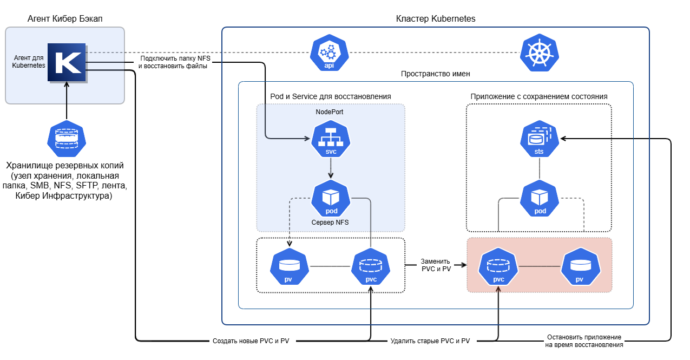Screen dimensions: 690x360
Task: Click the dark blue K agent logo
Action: click(x=67, y=63)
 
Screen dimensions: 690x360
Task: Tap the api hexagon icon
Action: click(x=329, y=53)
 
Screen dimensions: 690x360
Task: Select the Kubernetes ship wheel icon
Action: click(x=540, y=53)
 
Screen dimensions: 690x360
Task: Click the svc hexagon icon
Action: click(x=331, y=139)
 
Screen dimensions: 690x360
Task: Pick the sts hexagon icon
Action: click(x=540, y=139)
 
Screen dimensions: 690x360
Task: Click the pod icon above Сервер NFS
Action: click(x=331, y=199)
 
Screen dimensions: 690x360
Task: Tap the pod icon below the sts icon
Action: click(x=540, y=199)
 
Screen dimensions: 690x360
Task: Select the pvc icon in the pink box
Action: click(x=498, y=266)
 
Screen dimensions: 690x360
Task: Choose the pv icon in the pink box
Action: click(x=580, y=266)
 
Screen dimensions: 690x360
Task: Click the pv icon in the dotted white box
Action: click(x=289, y=266)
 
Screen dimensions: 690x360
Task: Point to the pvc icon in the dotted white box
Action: click(x=371, y=266)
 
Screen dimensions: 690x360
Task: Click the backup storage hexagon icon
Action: click(x=67, y=139)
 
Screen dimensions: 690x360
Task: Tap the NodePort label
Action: click(x=329, y=112)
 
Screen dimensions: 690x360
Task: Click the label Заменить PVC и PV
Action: click(x=436, y=265)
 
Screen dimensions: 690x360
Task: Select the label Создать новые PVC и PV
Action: click(x=251, y=341)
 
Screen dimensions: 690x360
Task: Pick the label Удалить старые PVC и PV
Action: click(x=430, y=341)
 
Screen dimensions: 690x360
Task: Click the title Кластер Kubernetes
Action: click(x=436, y=19)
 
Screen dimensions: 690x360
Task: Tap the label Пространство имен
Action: click(x=435, y=74)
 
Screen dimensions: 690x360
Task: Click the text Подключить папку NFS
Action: click(x=175, y=58)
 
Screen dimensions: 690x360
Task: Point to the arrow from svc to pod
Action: click(x=331, y=168)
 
